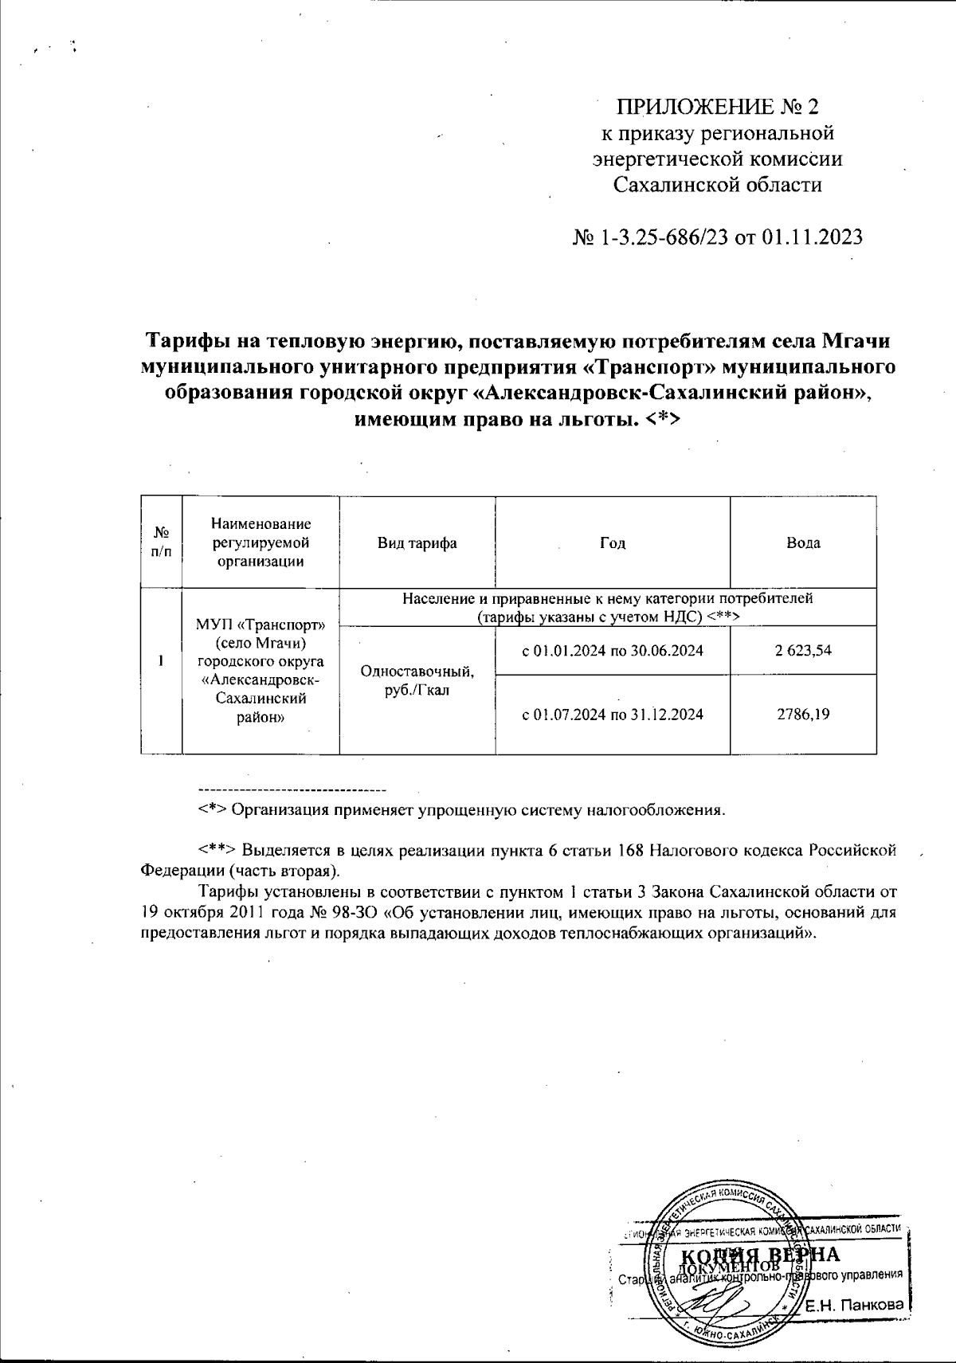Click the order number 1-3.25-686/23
(x=665, y=237)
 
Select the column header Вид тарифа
(x=417, y=543)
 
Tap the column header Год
(x=612, y=543)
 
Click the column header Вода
(x=803, y=543)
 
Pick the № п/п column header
(x=161, y=543)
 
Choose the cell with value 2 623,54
(x=803, y=650)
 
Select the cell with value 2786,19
(x=803, y=714)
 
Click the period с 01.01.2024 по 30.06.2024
(x=612, y=651)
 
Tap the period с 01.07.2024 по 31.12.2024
(x=612, y=715)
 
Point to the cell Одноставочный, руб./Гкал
(x=417, y=680)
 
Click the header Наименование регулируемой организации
(x=261, y=543)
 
